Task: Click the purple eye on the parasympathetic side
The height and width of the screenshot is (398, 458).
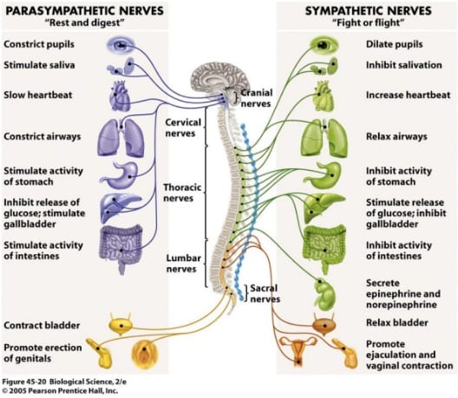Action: click(x=121, y=45)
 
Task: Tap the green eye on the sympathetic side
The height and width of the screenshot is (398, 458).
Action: click(x=324, y=45)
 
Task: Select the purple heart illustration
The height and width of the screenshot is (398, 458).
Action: click(x=120, y=96)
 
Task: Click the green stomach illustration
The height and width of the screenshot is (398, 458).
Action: click(x=324, y=175)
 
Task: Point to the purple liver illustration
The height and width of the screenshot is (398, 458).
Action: click(x=119, y=207)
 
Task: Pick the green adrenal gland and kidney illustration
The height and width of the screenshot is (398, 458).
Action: click(x=324, y=294)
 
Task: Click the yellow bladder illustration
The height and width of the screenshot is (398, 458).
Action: click(x=120, y=324)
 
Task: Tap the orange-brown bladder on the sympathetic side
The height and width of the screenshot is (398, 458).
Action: click(x=324, y=324)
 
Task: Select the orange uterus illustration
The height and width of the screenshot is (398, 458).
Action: click(x=298, y=351)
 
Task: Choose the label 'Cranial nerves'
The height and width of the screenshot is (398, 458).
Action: click(x=256, y=98)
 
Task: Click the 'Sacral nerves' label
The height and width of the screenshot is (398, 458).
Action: click(x=265, y=293)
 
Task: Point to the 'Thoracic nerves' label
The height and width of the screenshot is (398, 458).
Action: click(x=182, y=192)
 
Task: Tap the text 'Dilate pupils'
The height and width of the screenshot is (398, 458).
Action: click(x=395, y=44)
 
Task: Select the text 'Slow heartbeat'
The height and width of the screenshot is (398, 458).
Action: click(x=37, y=95)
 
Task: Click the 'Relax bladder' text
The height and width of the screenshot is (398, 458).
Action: click(x=397, y=323)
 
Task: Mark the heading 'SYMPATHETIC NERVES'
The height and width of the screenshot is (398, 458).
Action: click(x=368, y=10)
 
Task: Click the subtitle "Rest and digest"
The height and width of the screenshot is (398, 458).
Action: click(x=85, y=23)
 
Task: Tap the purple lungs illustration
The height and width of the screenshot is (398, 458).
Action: click(x=121, y=137)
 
